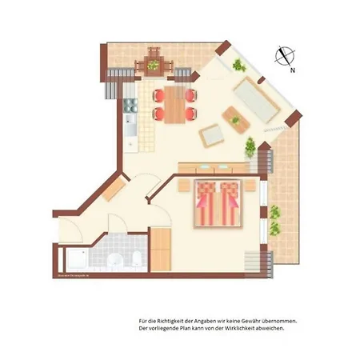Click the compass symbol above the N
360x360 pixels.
coord(284,55)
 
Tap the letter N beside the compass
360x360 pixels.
coord(294,70)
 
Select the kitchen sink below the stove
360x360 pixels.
coord(129,123)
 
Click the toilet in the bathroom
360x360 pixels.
coord(138,258)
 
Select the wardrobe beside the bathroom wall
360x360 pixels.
coord(162,249)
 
